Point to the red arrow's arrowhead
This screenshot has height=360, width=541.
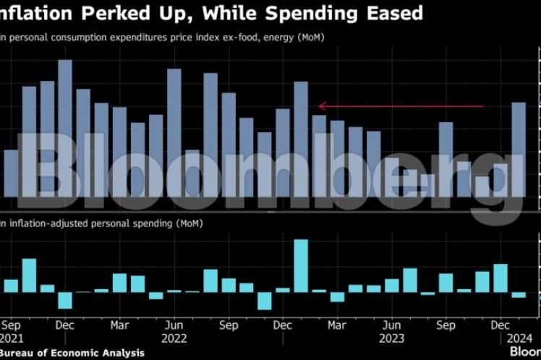tap(321, 106)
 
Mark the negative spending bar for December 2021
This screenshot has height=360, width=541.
tap(65, 300)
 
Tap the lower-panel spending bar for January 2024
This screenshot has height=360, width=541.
tap(519, 295)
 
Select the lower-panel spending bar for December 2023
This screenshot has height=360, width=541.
tap(500, 278)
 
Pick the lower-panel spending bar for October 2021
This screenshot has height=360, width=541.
tap(29, 275)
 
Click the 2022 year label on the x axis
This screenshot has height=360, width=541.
tap(174, 337)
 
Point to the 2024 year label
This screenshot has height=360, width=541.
tap(519, 337)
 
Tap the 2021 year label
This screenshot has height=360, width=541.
tap(12, 337)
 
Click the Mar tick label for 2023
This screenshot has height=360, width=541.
tap(337, 325)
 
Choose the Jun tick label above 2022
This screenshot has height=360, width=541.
tap(174, 325)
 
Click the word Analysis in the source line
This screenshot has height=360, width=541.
tap(122, 353)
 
